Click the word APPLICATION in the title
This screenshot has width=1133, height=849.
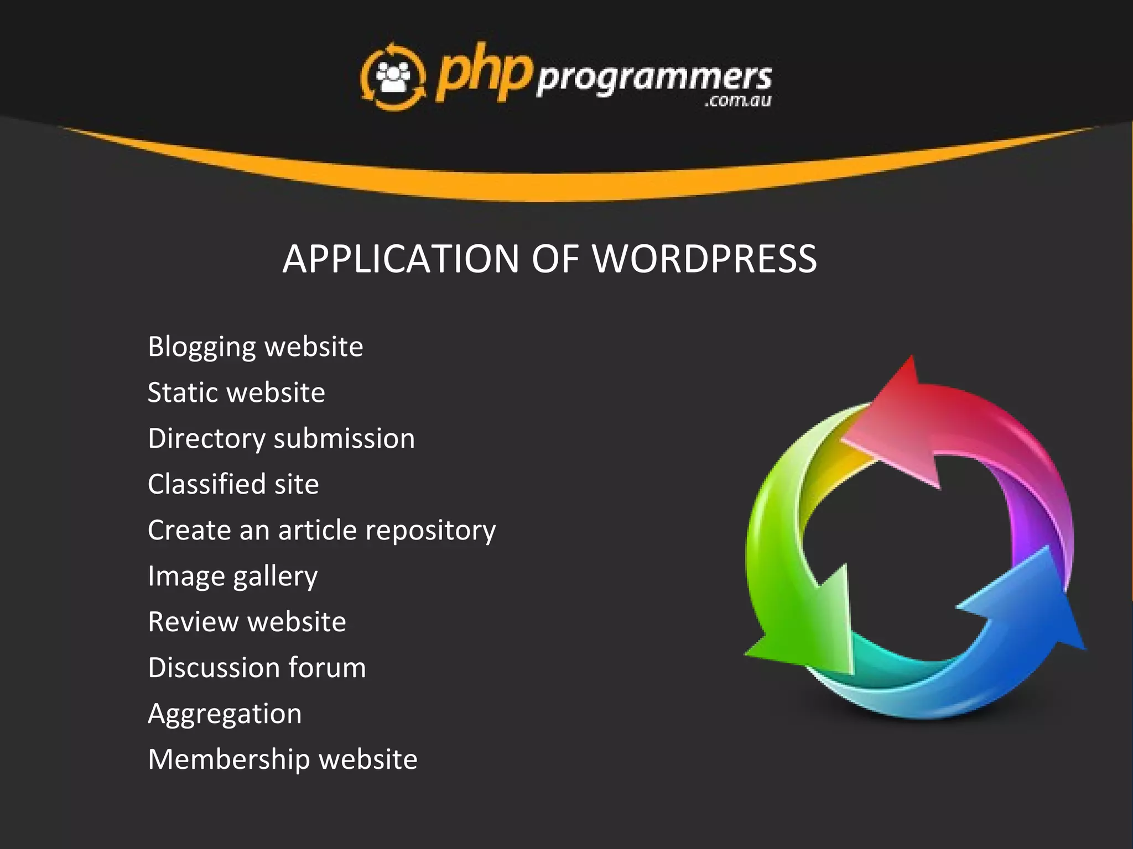401,259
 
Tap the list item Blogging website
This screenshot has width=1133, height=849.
255,347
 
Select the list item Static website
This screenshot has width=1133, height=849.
236,393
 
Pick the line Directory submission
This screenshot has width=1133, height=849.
281,439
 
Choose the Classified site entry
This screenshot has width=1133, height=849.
233,484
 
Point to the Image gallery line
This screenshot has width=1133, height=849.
232,577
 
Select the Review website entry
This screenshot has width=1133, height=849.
247,622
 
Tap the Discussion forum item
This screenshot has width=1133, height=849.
257,668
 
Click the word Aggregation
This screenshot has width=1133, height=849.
225,714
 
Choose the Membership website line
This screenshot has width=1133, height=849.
282,759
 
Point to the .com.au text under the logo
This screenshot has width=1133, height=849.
737,101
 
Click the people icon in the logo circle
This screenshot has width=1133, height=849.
393,77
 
